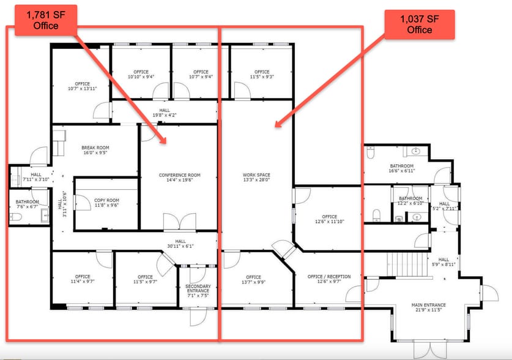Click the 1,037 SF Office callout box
coord(417,24)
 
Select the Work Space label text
coord(256,175)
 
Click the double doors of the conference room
coord(179,221)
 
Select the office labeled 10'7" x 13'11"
coord(83,86)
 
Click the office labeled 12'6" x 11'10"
coord(330,219)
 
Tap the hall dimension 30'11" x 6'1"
coord(180,244)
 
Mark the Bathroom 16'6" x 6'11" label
coord(402,169)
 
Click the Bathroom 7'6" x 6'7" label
coord(28,204)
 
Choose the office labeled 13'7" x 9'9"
coord(253,280)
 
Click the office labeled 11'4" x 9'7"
coord(83,280)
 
